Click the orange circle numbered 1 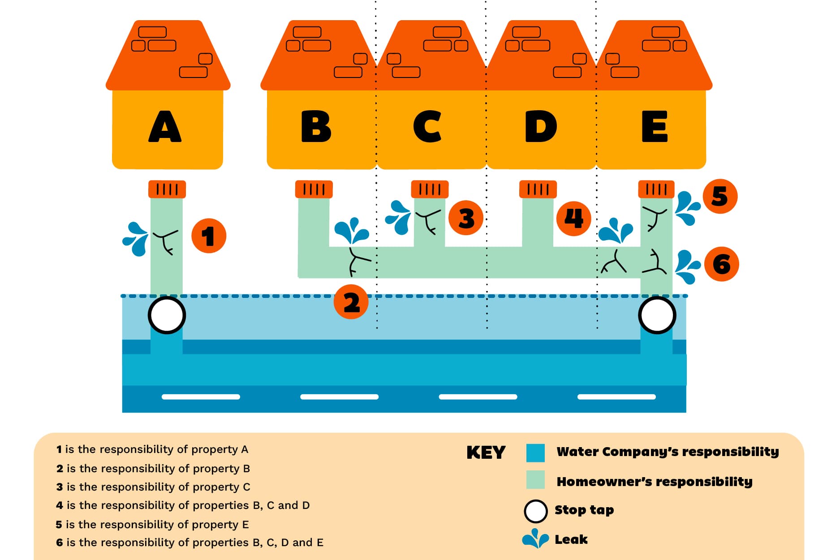pos(208,236)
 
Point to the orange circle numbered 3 pos(466,218)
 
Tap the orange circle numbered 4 pos(573,218)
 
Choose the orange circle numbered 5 pos(719,196)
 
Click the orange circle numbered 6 pos(721,264)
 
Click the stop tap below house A pos(167,315)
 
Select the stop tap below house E pos(657,315)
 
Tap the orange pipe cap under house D pos(538,189)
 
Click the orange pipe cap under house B pos(314,189)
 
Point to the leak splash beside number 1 pos(136,238)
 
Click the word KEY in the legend pos(486,452)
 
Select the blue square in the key pos(535,452)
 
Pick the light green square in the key pos(535,480)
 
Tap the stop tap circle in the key pos(535,511)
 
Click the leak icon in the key pos(535,538)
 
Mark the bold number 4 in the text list pos(60,505)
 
